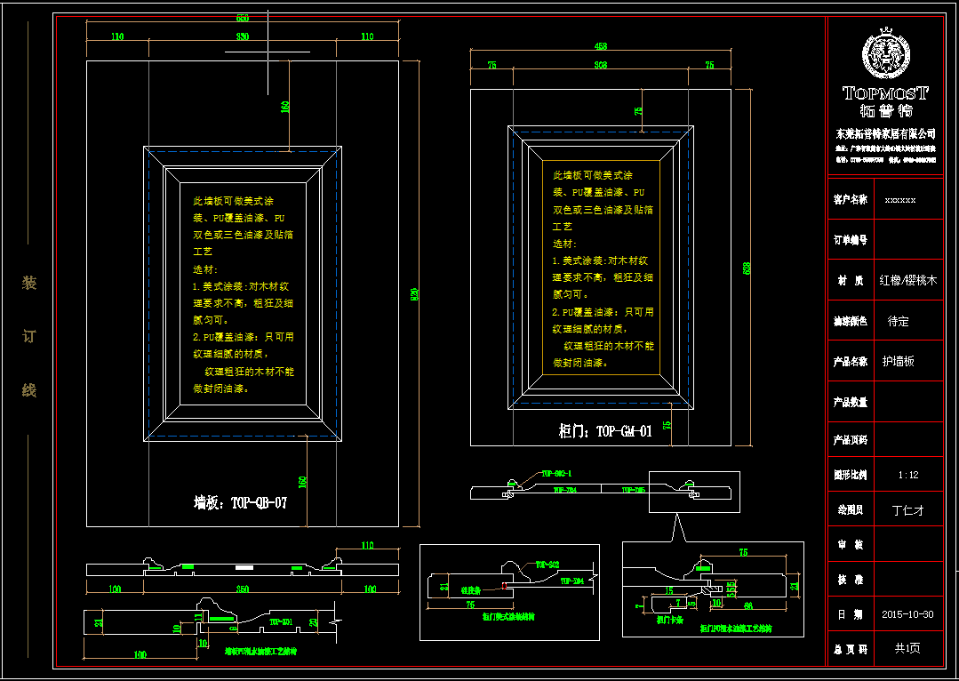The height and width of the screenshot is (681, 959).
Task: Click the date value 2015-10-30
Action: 907,613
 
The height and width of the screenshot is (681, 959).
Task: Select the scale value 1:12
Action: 907,475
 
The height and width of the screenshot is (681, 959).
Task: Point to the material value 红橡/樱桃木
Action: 908,280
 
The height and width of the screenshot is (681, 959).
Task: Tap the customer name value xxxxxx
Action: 900,200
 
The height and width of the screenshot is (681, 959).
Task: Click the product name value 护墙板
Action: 898,362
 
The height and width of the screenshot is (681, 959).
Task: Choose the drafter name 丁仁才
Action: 907,510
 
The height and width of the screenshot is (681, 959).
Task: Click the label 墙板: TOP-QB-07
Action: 241,502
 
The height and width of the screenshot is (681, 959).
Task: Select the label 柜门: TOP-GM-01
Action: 605,431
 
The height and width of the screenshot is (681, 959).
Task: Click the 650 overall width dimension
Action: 243,18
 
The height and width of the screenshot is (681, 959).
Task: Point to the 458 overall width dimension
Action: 601,46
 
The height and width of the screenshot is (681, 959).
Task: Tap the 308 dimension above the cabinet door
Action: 601,65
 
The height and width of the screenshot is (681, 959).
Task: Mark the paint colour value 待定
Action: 898,321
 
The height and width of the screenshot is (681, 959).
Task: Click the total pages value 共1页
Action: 907,648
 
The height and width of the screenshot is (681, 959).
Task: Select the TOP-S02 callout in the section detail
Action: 547,565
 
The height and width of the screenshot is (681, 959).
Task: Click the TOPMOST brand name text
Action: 885,92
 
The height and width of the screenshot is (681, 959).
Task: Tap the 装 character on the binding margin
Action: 29,284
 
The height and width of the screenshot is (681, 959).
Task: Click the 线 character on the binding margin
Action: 29,390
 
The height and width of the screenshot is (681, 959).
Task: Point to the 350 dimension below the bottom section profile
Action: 242,589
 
